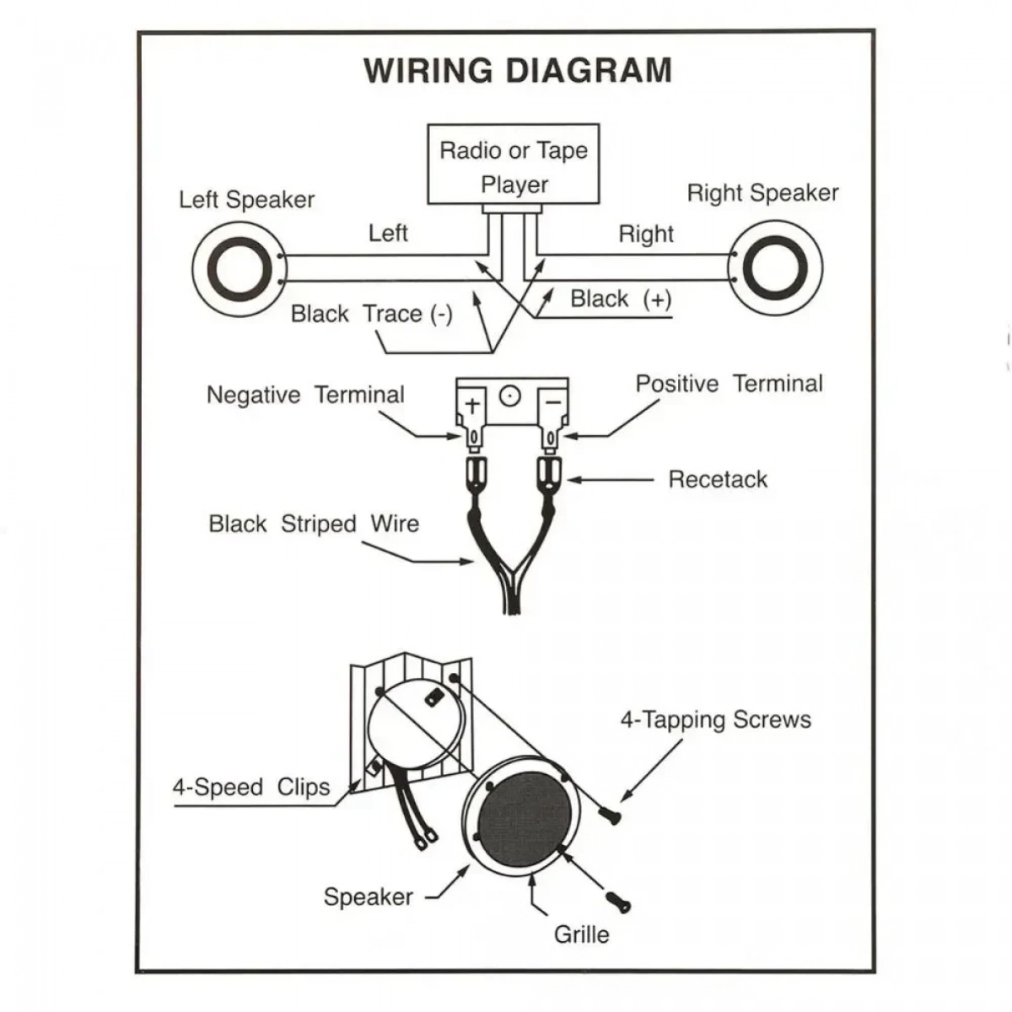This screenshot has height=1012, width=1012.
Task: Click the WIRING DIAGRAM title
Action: [518, 70]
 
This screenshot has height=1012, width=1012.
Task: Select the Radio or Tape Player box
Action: [513, 164]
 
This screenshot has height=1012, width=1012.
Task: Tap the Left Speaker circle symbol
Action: [240, 269]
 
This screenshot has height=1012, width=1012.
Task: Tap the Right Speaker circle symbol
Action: [775, 268]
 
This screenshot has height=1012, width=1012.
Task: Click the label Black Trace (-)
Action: [371, 314]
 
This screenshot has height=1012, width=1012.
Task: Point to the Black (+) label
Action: [621, 299]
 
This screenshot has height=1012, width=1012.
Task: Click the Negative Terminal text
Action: [305, 395]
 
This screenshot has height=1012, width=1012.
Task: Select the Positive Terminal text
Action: [729, 384]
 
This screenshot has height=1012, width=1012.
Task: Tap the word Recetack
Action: [718, 479]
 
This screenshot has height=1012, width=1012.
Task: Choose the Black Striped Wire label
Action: [314, 524]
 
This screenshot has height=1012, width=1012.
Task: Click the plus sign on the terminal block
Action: [472, 405]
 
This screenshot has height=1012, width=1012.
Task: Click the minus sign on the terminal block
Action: [553, 403]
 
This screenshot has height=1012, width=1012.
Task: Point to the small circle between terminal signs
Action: [509, 396]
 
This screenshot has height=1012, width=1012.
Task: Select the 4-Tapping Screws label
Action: [716, 719]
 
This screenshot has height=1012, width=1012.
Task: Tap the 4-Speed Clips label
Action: [251, 787]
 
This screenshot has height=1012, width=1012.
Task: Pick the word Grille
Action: [581, 934]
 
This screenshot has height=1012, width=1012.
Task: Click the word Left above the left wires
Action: [388, 233]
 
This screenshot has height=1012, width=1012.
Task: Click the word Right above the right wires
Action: [646, 234]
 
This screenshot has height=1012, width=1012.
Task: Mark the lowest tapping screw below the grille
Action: [619, 902]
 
